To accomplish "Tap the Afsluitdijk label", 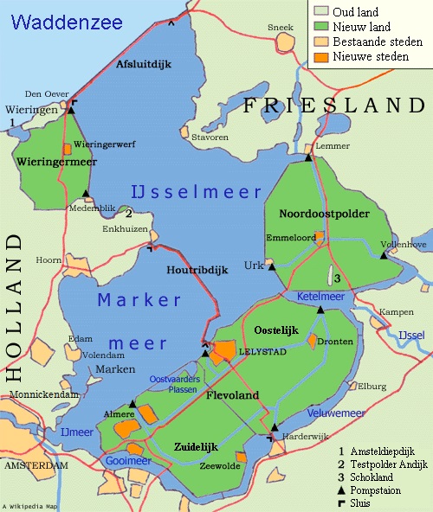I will click(140, 63).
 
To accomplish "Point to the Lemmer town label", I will click(333, 145).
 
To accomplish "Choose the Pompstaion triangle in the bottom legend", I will click(342, 488).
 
